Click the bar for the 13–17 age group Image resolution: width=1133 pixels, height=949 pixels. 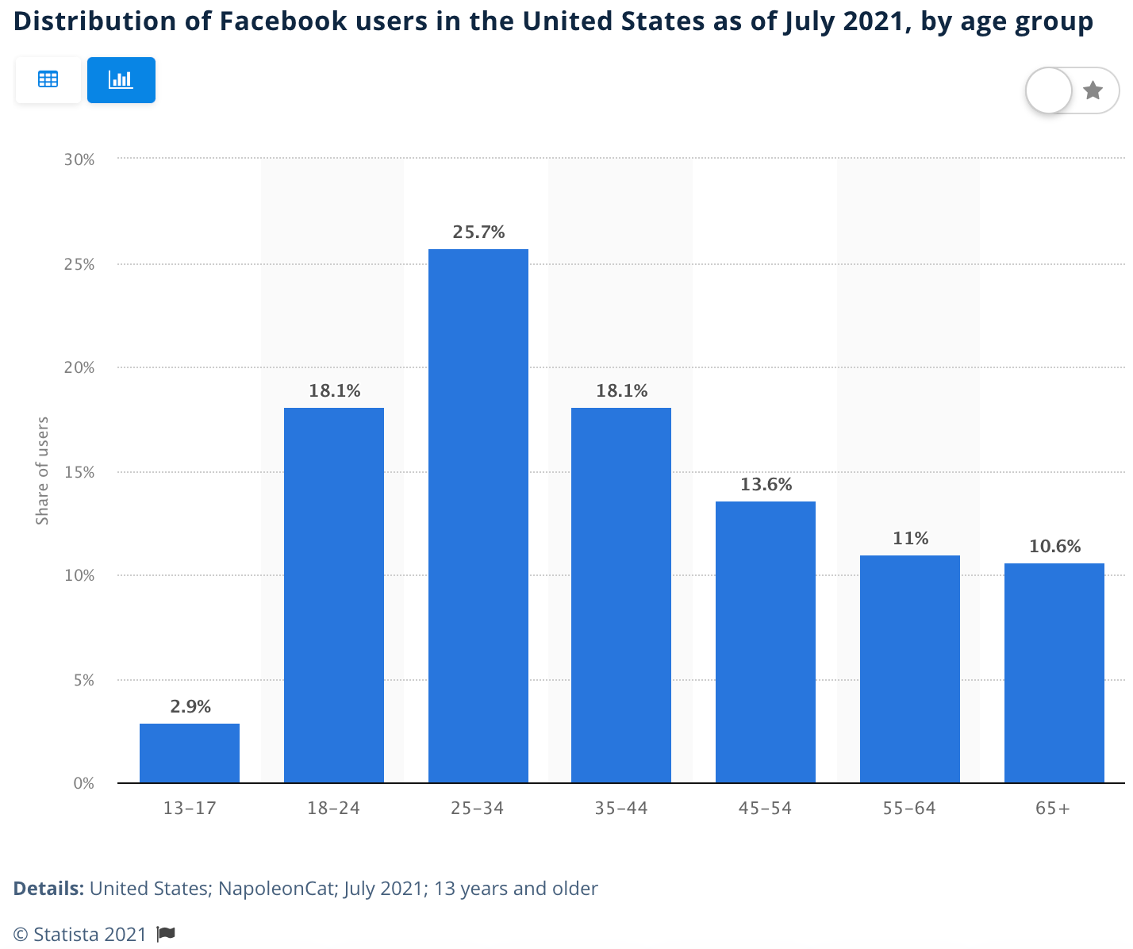point(190,753)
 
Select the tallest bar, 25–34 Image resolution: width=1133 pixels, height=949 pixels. point(478,516)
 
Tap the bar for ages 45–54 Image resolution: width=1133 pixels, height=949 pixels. point(766,642)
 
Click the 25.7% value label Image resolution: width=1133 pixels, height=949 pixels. point(478,232)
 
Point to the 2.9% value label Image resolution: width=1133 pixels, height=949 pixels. point(190,707)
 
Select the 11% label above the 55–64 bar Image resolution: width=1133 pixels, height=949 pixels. point(910,539)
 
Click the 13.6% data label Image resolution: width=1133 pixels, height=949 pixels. point(766,485)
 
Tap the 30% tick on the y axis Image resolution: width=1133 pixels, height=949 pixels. point(79,159)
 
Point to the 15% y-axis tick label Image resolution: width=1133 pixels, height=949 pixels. point(79,472)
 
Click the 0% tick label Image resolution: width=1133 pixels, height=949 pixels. point(83,784)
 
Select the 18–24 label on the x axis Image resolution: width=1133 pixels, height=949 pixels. point(334,809)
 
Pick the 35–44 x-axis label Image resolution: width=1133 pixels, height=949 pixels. point(621,809)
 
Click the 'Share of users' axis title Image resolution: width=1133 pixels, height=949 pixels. point(42,471)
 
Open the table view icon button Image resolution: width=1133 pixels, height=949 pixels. point(48,80)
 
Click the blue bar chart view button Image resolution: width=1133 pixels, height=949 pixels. point(121,80)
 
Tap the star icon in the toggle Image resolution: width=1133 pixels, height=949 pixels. point(1093,90)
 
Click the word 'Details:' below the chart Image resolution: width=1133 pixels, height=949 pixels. point(48,889)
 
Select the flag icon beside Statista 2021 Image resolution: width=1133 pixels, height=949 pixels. point(166,934)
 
